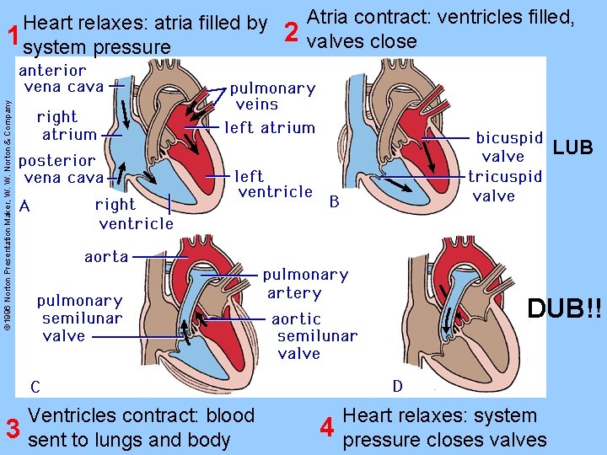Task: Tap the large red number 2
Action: tap(291, 32)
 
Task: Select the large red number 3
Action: tap(13, 429)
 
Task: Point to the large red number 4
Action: tap(330, 428)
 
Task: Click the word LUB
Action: tap(573, 148)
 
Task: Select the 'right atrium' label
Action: tap(67, 126)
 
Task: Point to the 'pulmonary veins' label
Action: tap(272, 96)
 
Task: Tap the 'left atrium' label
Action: tap(270, 128)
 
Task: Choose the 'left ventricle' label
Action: tap(275, 184)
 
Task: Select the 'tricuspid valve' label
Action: tap(505, 186)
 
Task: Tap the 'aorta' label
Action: tap(106, 256)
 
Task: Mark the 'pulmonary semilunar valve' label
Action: tap(80, 318)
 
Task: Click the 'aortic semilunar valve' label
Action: tap(313, 336)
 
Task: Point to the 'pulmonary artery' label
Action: tap(304, 284)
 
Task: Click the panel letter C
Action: tap(35, 388)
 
